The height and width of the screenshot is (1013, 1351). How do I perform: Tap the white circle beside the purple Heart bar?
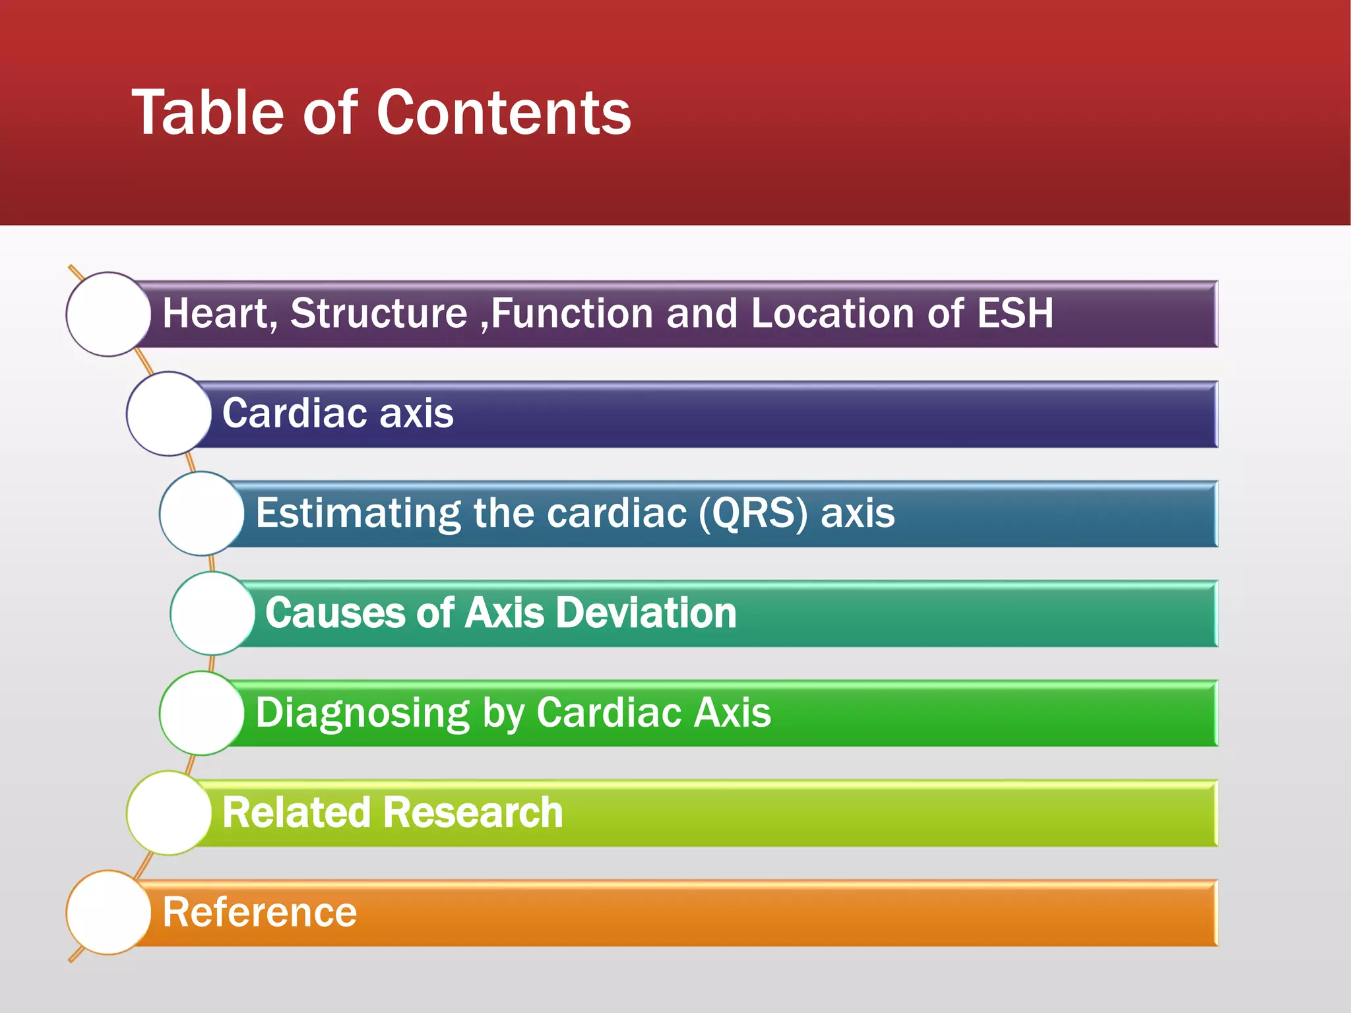coord(108,314)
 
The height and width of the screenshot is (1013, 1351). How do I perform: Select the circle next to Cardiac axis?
coord(169,414)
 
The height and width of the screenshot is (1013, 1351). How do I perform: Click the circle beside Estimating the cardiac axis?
coord(202,513)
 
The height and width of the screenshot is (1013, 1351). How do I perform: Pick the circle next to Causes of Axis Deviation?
coord(212,613)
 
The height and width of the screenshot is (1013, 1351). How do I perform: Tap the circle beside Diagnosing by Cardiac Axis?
coord(202,713)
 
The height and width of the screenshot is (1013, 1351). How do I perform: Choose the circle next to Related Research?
coord(169,813)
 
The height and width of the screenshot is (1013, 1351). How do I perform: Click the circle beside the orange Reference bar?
coord(108,912)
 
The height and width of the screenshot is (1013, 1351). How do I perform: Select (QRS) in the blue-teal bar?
coord(753,513)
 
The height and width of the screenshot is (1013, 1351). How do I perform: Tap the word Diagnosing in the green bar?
coord(362,714)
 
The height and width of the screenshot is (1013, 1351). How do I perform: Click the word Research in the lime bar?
coord(473,813)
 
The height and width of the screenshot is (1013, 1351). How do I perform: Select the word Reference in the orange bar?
coord(259,913)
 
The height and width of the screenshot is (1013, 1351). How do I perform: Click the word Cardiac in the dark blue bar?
coord(294,414)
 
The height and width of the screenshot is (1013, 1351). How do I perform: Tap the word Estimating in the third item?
coord(358,513)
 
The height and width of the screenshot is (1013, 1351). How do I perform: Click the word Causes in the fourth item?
coord(334,613)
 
